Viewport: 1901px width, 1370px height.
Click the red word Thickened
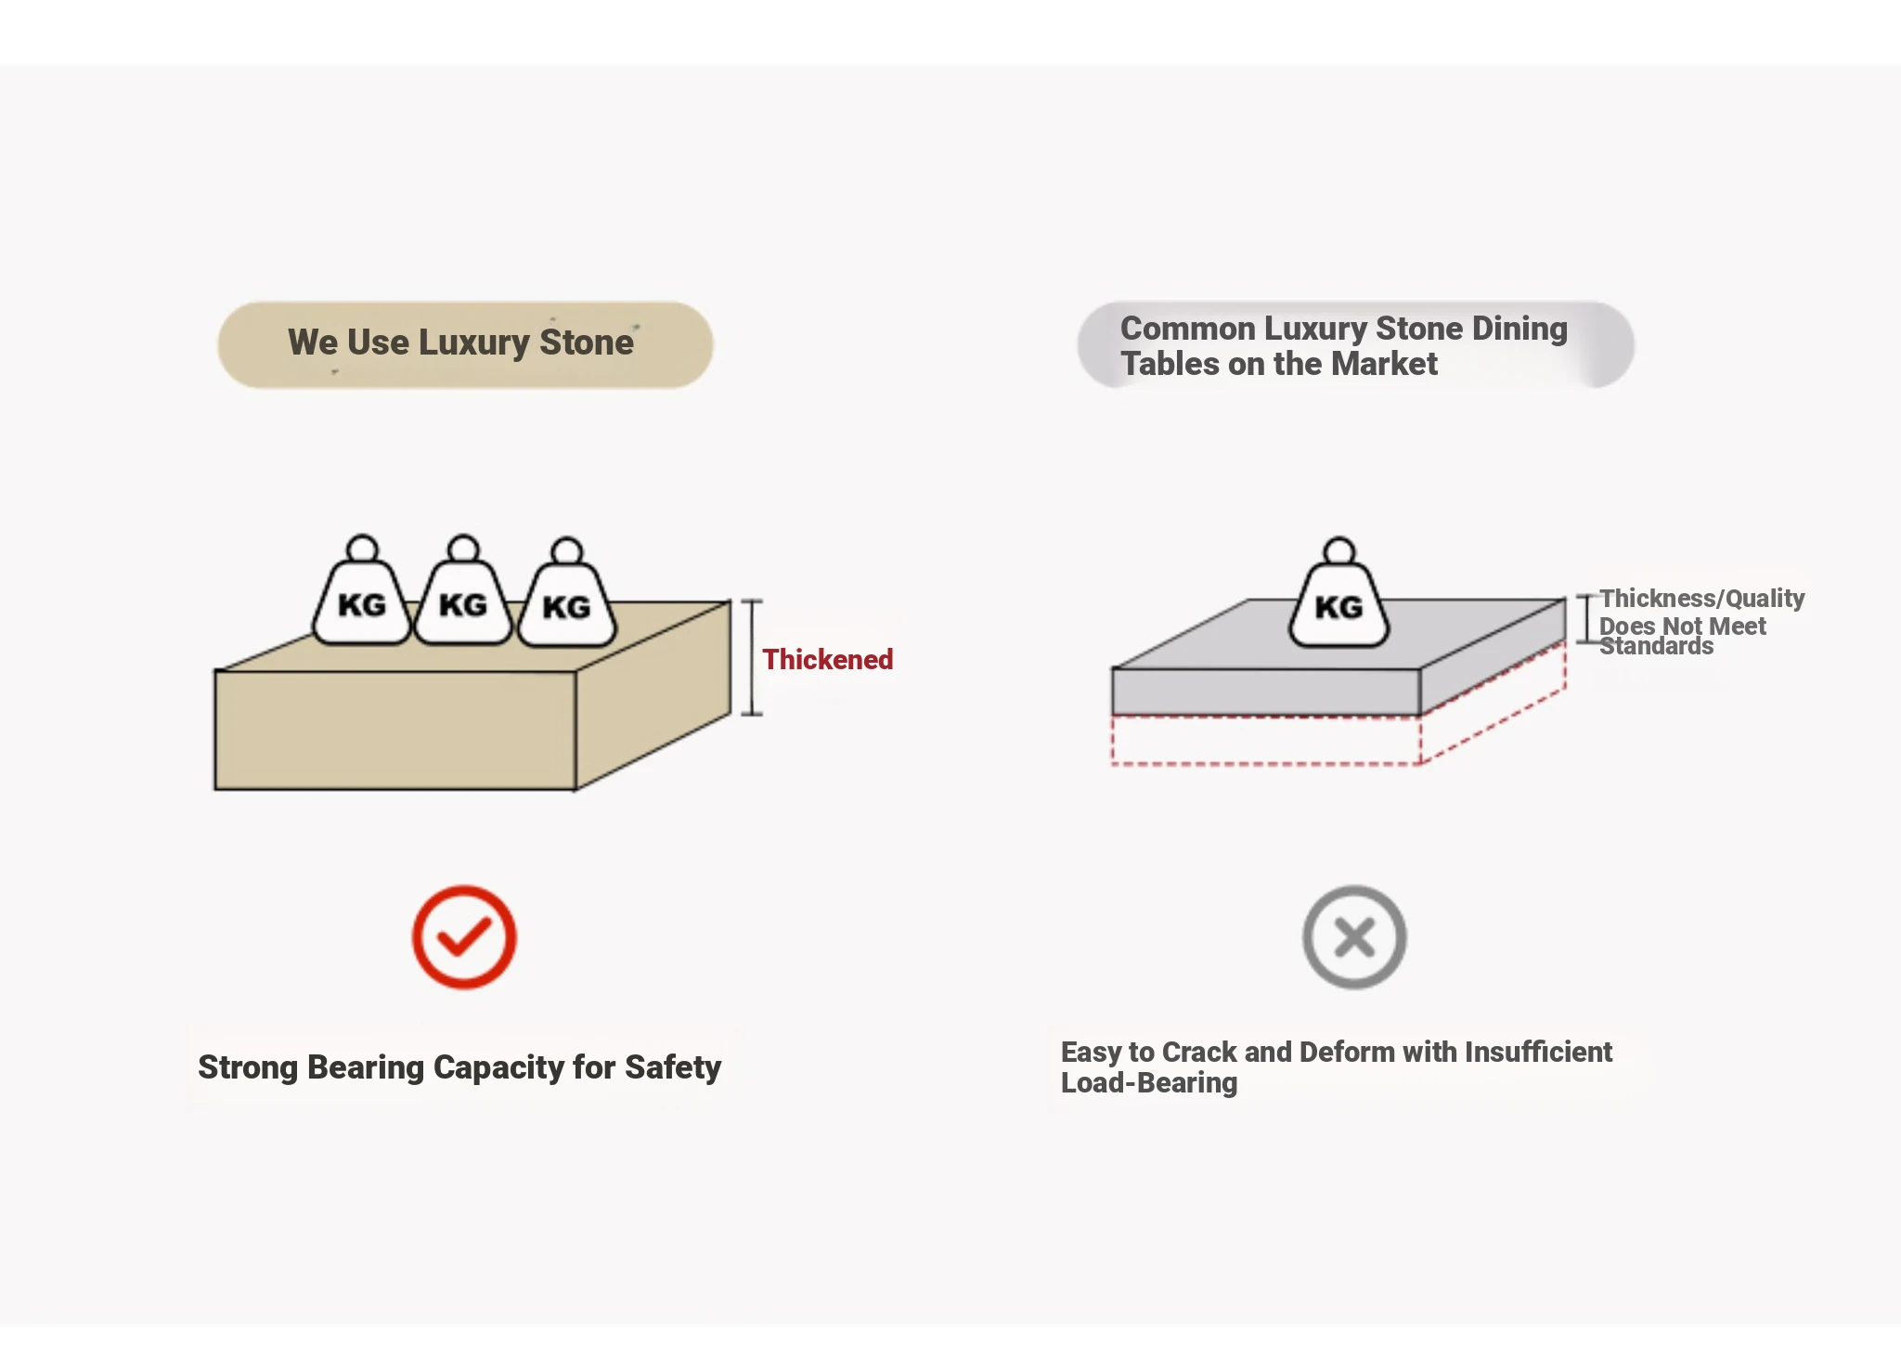coord(827,660)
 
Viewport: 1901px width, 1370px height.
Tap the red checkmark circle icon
coord(464,937)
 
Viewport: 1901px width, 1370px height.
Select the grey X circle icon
coord(1354,937)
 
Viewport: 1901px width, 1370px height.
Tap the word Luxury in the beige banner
coord(473,342)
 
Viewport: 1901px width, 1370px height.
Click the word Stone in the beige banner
coord(587,342)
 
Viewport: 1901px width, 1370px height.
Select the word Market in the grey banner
coord(1384,364)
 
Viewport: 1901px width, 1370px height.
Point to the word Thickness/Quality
coord(1701,599)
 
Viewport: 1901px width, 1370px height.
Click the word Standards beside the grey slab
coord(1656,647)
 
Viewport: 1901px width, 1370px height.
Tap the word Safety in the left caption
coord(673,1067)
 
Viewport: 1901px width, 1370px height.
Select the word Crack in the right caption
coord(1199,1053)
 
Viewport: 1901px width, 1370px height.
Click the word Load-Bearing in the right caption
coord(1149,1083)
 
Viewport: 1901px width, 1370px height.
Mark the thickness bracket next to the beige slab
coord(752,658)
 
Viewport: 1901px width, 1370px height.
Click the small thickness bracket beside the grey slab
coord(1585,619)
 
